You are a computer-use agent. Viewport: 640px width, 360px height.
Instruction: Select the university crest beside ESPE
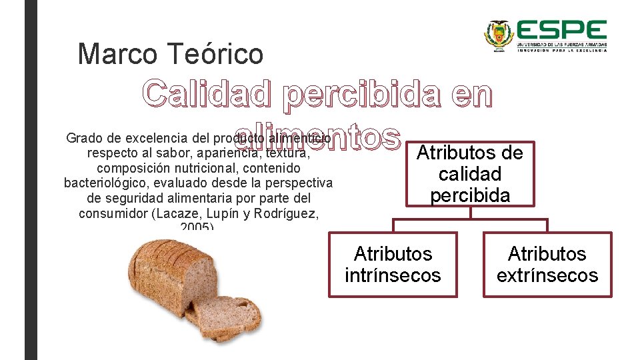point(497,35)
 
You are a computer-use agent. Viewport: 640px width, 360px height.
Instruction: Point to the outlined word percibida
point(361,95)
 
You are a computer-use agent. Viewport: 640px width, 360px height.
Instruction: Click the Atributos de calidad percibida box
point(470,174)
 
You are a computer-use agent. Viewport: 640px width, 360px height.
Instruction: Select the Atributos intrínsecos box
point(393,264)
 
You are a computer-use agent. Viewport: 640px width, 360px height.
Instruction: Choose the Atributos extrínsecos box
point(547,264)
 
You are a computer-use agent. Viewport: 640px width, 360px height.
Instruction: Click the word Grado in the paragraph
point(83,139)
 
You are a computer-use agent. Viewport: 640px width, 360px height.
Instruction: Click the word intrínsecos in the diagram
point(393,275)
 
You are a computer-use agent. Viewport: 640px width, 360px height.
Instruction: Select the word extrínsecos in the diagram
point(547,275)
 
